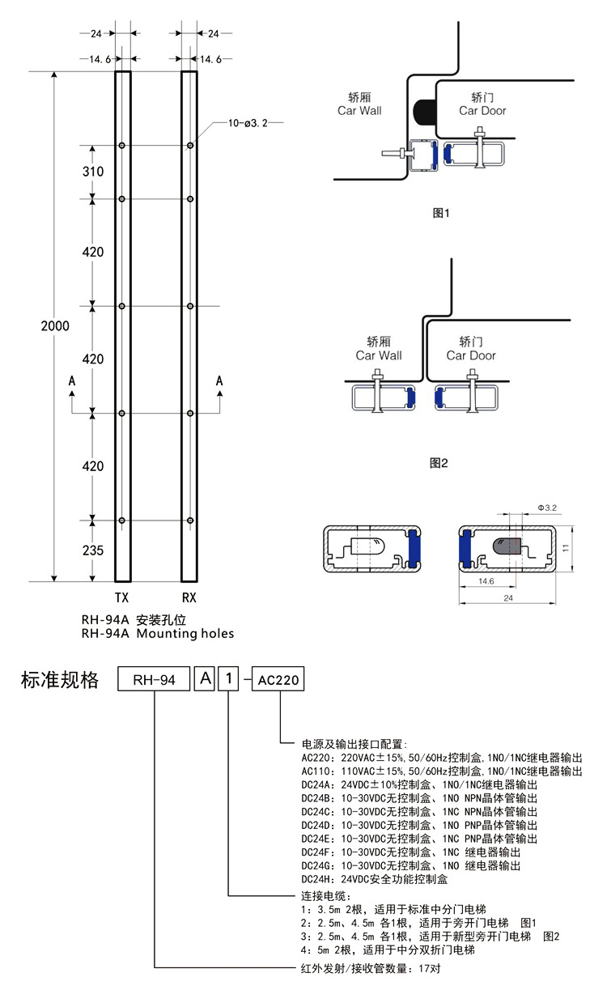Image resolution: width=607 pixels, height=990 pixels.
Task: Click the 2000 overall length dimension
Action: [x=56, y=326]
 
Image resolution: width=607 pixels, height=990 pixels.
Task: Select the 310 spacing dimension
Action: [x=93, y=172]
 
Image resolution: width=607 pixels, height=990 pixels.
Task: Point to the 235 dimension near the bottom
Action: [x=93, y=550]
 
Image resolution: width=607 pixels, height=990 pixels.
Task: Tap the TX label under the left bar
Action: [x=122, y=599]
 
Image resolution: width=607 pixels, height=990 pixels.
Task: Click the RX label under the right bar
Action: [x=189, y=599]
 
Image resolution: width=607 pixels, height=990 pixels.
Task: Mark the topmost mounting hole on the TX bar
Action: [x=122, y=146]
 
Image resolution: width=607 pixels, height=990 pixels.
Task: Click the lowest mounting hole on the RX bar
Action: [x=189, y=520]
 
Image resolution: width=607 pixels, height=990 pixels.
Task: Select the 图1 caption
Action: [x=441, y=213]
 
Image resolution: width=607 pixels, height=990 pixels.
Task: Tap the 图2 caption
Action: [x=439, y=463]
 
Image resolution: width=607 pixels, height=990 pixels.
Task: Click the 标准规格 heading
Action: [x=59, y=680]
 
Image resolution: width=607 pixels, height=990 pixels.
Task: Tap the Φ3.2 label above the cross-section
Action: [x=548, y=508]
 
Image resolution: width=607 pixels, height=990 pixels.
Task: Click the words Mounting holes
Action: [x=185, y=634]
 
